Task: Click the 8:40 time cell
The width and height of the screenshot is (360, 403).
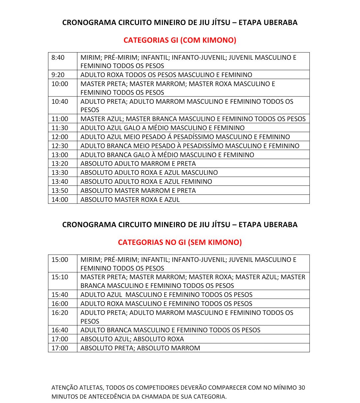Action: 58,57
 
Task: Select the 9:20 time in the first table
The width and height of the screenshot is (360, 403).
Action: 58,75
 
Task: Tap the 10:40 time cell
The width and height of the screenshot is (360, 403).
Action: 60,101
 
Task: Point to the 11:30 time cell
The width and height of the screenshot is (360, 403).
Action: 60,128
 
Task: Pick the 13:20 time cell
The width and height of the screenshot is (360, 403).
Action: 60,163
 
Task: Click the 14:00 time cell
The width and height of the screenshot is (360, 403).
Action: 60,199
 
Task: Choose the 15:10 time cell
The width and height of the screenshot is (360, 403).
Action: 60,277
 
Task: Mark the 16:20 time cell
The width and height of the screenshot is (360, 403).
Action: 60,313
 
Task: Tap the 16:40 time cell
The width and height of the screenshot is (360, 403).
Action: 60,330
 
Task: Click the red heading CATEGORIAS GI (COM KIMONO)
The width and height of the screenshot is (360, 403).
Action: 180,40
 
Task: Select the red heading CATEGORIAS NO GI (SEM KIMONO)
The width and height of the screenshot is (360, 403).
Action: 180,242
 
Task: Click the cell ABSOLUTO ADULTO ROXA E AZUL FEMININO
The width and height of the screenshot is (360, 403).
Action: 146,181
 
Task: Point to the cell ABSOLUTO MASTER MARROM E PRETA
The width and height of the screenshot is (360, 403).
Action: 138,190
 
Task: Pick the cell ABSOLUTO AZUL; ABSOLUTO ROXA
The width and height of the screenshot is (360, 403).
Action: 132,339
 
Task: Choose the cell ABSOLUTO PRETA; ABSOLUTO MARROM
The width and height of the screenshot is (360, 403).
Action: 140,348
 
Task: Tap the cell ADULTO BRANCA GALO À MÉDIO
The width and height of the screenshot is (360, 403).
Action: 167,155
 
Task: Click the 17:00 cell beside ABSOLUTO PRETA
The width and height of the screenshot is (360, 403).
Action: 60,348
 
